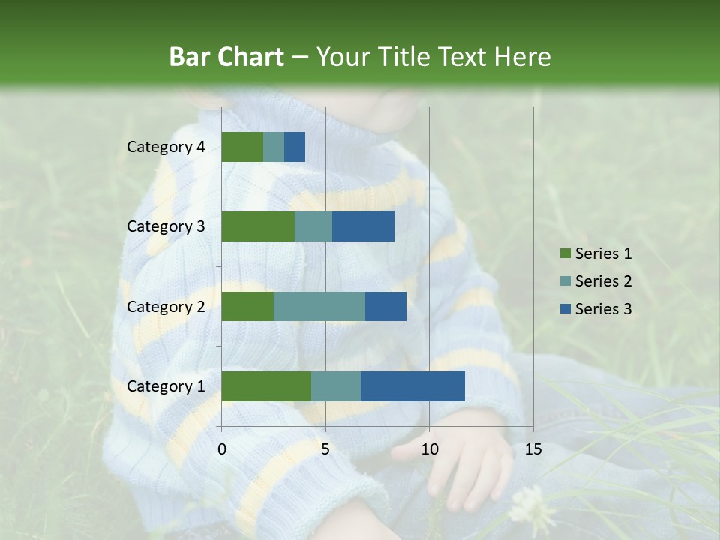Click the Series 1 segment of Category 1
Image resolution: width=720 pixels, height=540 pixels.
266,386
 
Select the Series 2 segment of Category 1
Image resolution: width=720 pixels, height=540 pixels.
336,386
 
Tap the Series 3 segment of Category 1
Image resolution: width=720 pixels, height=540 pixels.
412,386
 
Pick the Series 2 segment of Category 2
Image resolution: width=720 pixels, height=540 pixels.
319,306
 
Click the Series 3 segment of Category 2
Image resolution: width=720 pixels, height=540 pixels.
385,306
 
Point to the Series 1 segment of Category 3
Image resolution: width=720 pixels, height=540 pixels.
258,226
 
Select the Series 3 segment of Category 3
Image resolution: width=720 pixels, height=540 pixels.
363,226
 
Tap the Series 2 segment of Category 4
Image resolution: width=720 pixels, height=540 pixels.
274,147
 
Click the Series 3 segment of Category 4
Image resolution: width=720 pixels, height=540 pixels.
295,147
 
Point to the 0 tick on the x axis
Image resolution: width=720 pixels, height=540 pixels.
222,449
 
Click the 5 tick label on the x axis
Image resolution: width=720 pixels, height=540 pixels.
325,449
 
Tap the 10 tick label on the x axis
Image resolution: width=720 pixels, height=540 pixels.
429,449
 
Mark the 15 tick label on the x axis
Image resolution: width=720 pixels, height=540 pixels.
533,449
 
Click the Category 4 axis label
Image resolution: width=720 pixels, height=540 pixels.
166,147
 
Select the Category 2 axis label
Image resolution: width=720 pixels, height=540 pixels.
166,306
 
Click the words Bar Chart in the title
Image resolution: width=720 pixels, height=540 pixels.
226,57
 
